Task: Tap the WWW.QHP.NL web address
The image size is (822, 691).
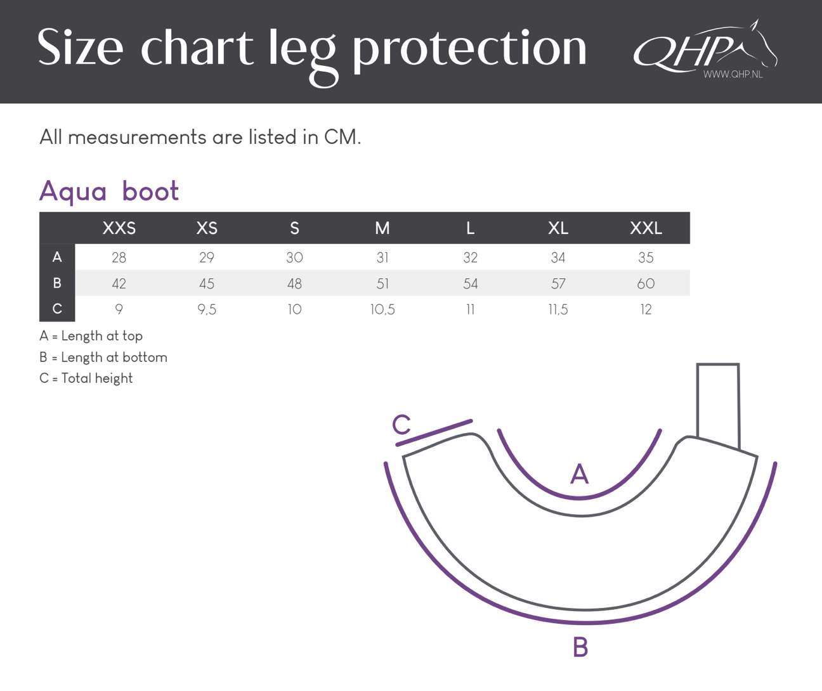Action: [733, 74]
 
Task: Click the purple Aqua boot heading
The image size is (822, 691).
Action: [109, 191]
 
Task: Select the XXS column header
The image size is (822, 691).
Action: [119, 228]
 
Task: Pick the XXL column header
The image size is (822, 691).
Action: [646, 228]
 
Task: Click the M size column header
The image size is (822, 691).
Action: [382, 228]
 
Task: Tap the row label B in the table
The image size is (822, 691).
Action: [57, 283]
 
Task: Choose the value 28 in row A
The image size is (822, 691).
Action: [119, 257]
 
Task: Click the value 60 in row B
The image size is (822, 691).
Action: [646, 283]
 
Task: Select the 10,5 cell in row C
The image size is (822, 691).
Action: [382, 310]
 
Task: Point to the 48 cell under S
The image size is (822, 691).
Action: [294, 283]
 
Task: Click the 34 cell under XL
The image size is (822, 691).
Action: [558, 257]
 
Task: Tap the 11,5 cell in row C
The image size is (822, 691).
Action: [558, 310]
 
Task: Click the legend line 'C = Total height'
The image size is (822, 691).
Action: [86, 378]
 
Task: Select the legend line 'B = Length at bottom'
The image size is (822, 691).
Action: [103, 358]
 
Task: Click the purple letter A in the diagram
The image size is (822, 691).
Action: [580, 474]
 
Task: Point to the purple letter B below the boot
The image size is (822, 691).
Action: [581, 647]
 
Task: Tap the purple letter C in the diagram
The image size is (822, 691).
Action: [401, 424]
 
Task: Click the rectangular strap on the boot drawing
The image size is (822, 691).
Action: [718, 405]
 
